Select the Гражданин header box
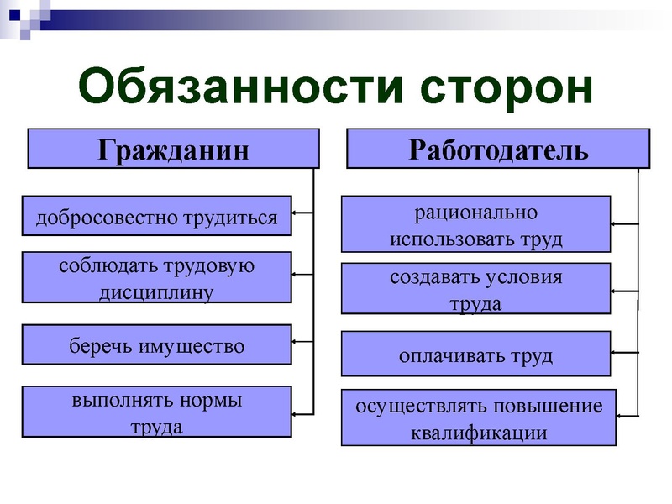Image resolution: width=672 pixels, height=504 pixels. coord(174,149)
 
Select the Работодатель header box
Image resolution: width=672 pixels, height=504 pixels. coord(498,149)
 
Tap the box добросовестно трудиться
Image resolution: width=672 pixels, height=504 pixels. coord(156,218)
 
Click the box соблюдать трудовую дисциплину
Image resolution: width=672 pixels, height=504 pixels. coord(156,278)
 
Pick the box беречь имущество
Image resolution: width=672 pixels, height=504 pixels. coord(156,346)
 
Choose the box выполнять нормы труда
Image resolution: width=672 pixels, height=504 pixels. coord(156,412)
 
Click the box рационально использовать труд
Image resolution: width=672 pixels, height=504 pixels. coord(475,224)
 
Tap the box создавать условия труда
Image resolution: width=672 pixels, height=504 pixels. coord(475,290)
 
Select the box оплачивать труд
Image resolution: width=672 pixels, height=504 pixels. coord(475,354)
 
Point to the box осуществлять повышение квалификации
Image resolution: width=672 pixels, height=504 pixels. coord(479,418)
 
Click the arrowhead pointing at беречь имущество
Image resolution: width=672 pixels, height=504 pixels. coord(296,341)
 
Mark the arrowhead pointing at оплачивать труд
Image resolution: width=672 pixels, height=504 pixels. coord(616,351)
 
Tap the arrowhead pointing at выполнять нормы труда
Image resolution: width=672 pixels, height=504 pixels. coord(296,412)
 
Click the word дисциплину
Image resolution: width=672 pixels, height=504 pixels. coord(157,291)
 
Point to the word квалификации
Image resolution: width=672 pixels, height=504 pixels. coord(479,433)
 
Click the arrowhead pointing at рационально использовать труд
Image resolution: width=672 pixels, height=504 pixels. coord(616,223)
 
